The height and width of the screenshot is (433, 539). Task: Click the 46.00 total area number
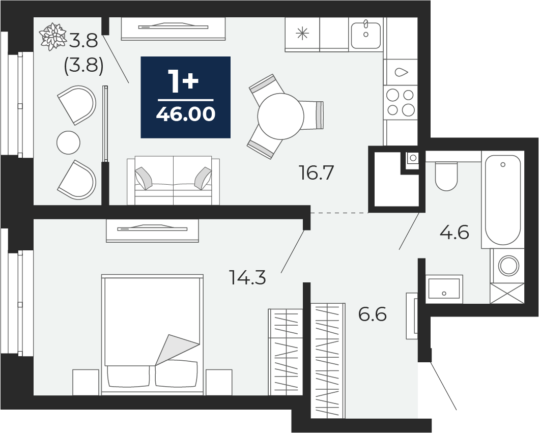coord(186,114)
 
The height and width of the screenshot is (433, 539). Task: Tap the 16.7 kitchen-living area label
coord(316,173)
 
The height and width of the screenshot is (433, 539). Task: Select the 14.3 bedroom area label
coord(247,278)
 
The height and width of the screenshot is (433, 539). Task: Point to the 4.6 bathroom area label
coord(455,233)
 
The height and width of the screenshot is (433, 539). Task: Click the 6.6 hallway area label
coord(373,314)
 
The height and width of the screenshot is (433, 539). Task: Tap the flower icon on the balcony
coord(52,37)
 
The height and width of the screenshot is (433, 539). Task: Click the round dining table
coord(280,116)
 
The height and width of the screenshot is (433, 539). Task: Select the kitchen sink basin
coord(366,35)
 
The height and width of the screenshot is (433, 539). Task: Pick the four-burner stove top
coord(401,102)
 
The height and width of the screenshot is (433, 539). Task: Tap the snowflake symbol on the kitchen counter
coord(302,34)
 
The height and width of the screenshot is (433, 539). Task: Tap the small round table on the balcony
coord(68,142)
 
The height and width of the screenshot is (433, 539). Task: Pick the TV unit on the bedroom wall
coord(152,230)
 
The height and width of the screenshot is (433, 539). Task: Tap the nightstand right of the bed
coord(219,382)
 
